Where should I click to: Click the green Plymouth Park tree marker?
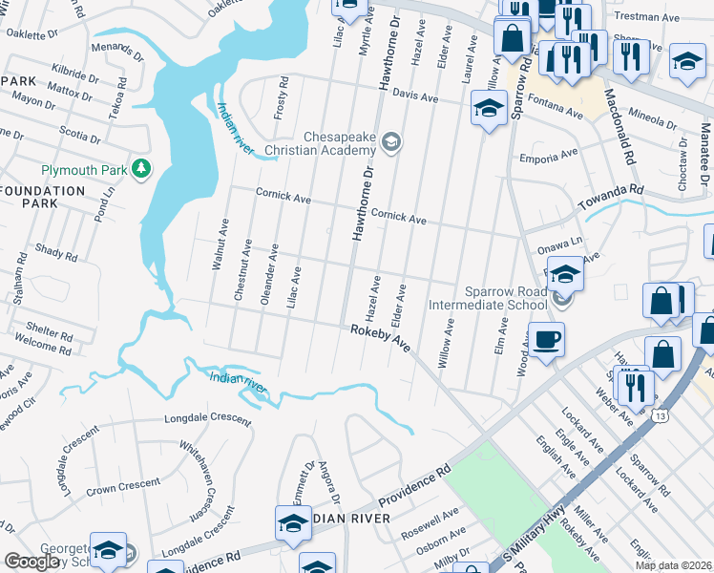click(x=142, y=169)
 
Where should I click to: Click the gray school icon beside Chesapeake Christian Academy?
click(x=390, y=143)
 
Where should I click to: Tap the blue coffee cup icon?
click(x=546, y=340)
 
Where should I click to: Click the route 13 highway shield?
click(x=661, y=415)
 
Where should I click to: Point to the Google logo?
click(x=32, y=562)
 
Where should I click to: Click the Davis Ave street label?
click(x=415, y=96)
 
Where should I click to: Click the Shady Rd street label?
click(x=49, y=252)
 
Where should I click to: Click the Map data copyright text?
click(x=673, y=565)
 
